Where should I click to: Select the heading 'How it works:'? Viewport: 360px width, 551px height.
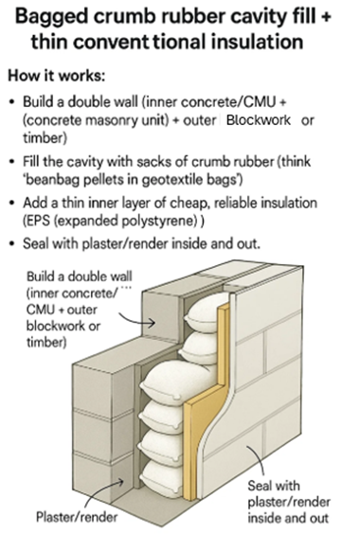pyautogui.click(x=65, y=75)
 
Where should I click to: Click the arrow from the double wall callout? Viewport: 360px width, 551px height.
pyautogui.click(x=133, y=323)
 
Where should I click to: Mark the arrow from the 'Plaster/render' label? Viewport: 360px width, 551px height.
pyautogui.click(x=110, y=493)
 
